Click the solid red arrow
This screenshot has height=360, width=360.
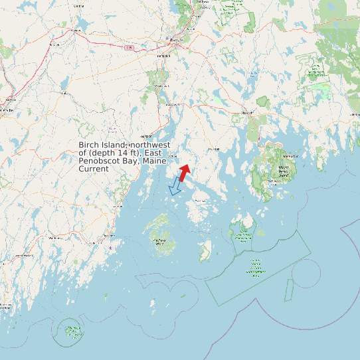point(184,171)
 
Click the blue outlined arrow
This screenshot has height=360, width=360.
point(175,187)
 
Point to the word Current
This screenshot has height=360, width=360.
point(94,169)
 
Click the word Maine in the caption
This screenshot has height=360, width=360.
point(157,161)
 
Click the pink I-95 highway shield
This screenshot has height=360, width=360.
point(129,47)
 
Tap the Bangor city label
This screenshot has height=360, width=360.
point(175,40)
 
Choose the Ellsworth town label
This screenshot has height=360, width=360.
point(248,114)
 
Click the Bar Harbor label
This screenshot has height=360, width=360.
point(292,156)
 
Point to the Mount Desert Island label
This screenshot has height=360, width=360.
point(284,171)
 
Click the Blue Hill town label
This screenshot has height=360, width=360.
point(213,149)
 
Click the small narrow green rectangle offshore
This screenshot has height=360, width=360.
point(289,290)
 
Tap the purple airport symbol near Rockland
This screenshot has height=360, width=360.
point(110,248)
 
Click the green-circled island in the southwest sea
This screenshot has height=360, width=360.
point(72,330)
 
